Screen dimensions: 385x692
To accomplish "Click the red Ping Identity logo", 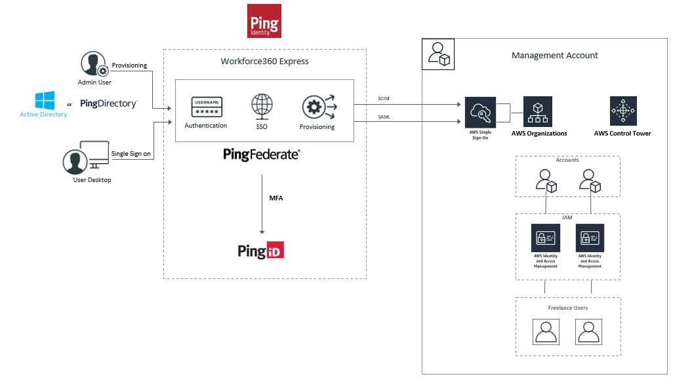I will coord(264,21).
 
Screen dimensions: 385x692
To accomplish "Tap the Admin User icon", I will coord(93,64).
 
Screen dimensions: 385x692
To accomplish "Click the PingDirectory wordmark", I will coord(109,103).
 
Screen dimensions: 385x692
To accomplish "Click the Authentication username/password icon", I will coord(206,107).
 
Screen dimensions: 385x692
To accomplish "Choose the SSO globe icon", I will coord(261,106).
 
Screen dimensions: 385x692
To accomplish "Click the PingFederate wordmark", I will coord(262,155).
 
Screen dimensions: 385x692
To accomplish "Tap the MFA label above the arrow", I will coord(275,198).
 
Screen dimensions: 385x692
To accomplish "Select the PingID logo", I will coord(262,251).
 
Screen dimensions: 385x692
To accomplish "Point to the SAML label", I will coord(385,117).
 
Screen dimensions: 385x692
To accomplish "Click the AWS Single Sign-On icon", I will coord(480,112).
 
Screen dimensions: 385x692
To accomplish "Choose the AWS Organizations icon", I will coord(537,111).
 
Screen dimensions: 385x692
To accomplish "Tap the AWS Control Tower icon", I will coord(622,111).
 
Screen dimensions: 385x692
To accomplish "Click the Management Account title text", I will coord(554,56).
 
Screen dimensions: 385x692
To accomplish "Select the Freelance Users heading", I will coord(567,308).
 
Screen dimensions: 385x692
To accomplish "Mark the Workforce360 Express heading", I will coord(264,62).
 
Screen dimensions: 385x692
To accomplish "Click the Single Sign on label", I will coord(131,153).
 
